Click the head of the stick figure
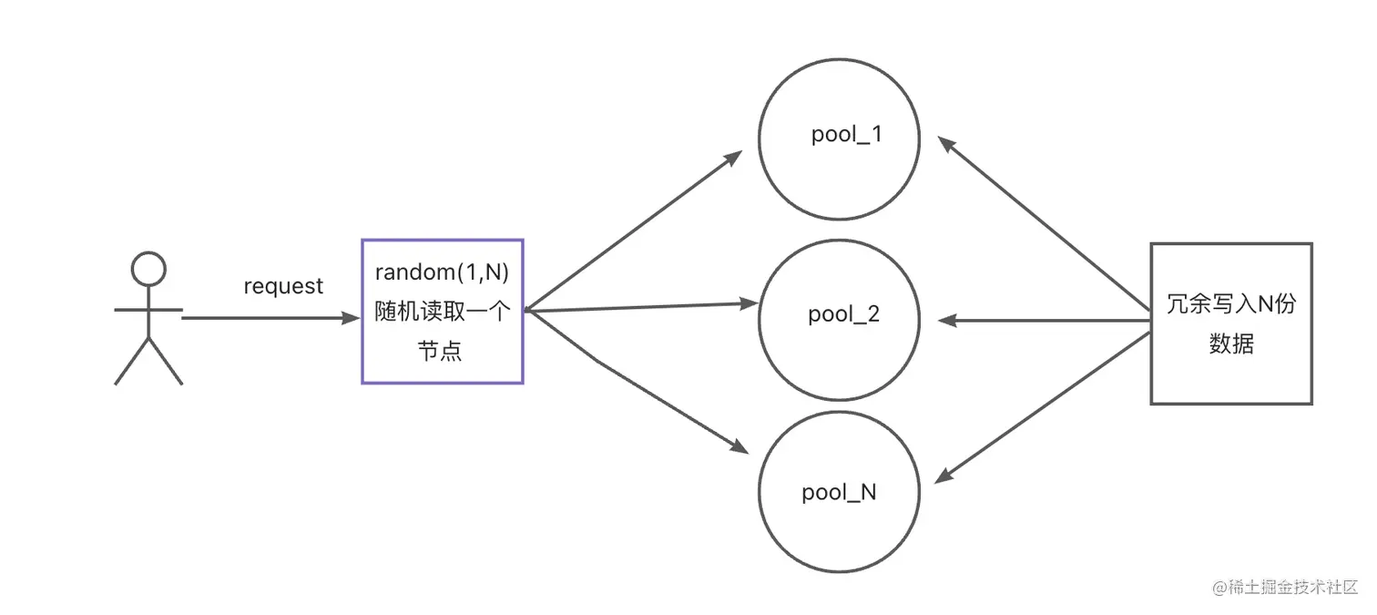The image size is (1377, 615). tap(148, 269)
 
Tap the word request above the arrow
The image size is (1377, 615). tap(283, 286)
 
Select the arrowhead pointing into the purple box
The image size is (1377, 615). tap(352, 318)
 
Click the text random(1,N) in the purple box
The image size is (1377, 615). tap(442, 272)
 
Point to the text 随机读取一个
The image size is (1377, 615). tap(442, 312)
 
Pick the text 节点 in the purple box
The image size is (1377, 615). tap(441, 351)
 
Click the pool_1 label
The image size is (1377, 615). tap(847, 135)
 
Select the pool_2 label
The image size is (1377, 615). tap(843, 315)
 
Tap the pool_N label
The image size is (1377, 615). tap(839, 493)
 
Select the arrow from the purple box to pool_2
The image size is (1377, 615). tap(642, 307)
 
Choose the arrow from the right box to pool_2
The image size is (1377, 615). tap(1043, 321)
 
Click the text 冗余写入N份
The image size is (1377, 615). tap(1231, 304)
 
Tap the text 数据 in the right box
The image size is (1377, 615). tap(1231, 343)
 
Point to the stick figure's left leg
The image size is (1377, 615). tap(131, 362)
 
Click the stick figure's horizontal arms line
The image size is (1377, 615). tap(148, 310)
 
